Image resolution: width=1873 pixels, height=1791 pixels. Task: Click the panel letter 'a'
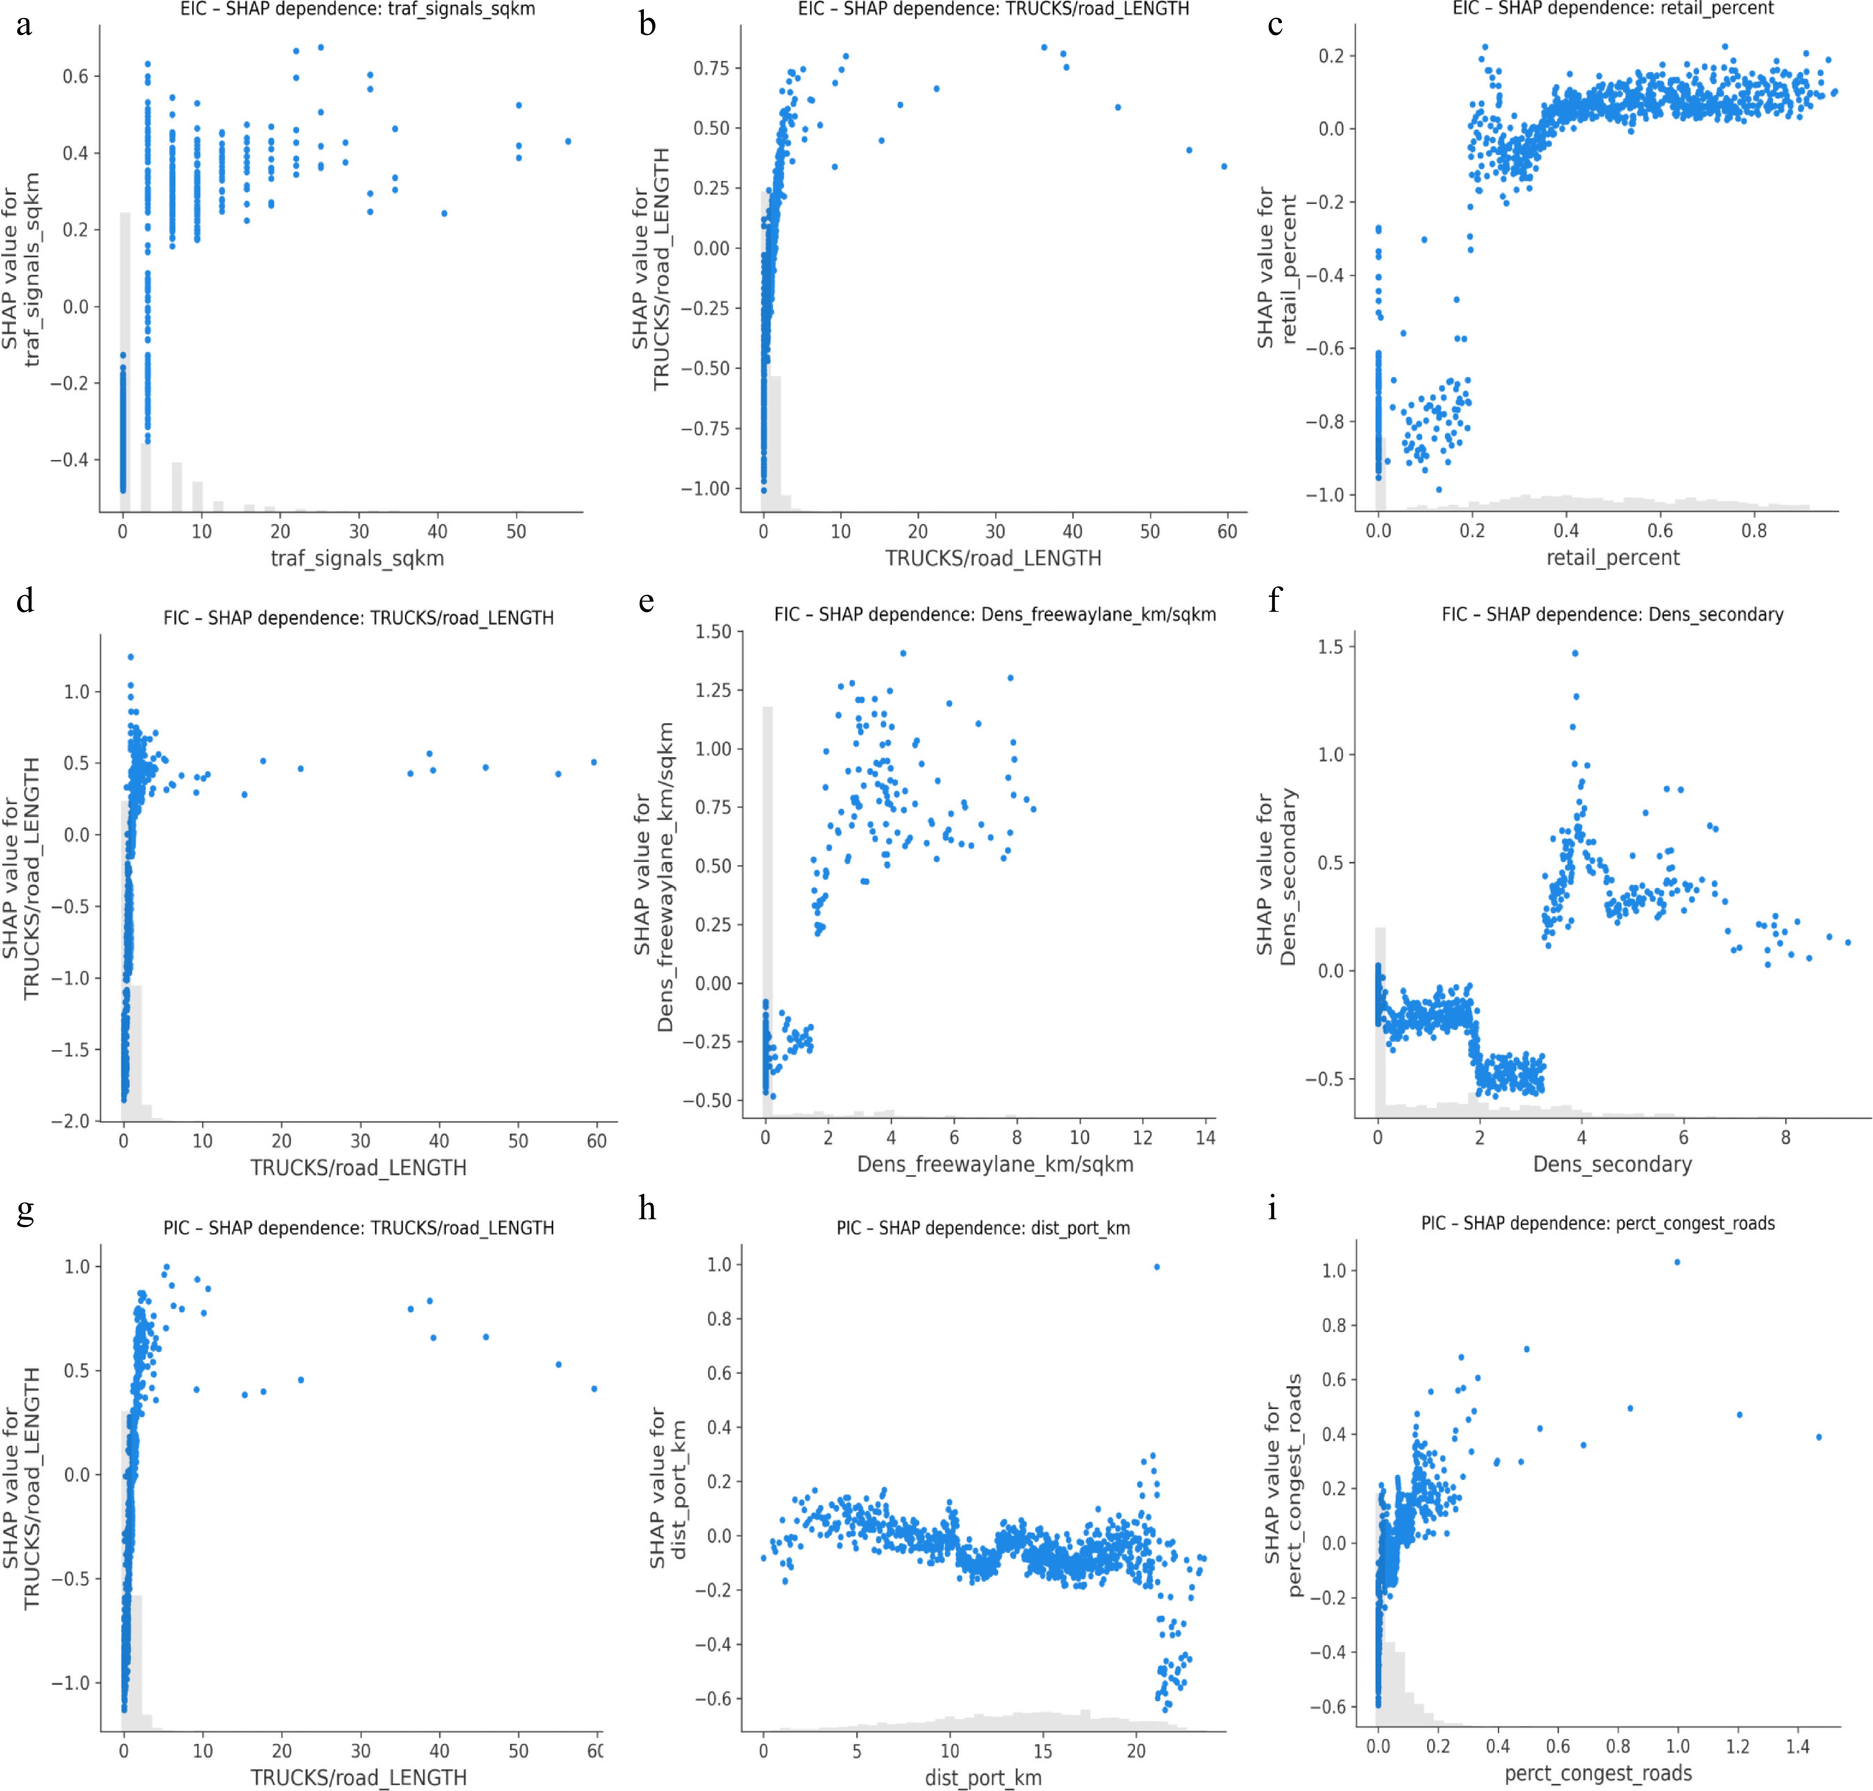[24, 24]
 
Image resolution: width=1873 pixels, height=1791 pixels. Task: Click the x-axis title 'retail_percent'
[1612, 558]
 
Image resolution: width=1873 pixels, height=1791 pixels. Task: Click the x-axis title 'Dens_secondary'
[1612, 1164]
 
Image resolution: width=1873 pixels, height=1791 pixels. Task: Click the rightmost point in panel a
[568, 141]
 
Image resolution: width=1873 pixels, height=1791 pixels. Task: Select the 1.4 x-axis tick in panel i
[1798, 1746]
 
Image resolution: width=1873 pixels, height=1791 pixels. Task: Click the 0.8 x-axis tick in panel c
[1754, 531]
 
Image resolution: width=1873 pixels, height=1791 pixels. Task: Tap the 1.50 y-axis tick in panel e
[712, 631]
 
